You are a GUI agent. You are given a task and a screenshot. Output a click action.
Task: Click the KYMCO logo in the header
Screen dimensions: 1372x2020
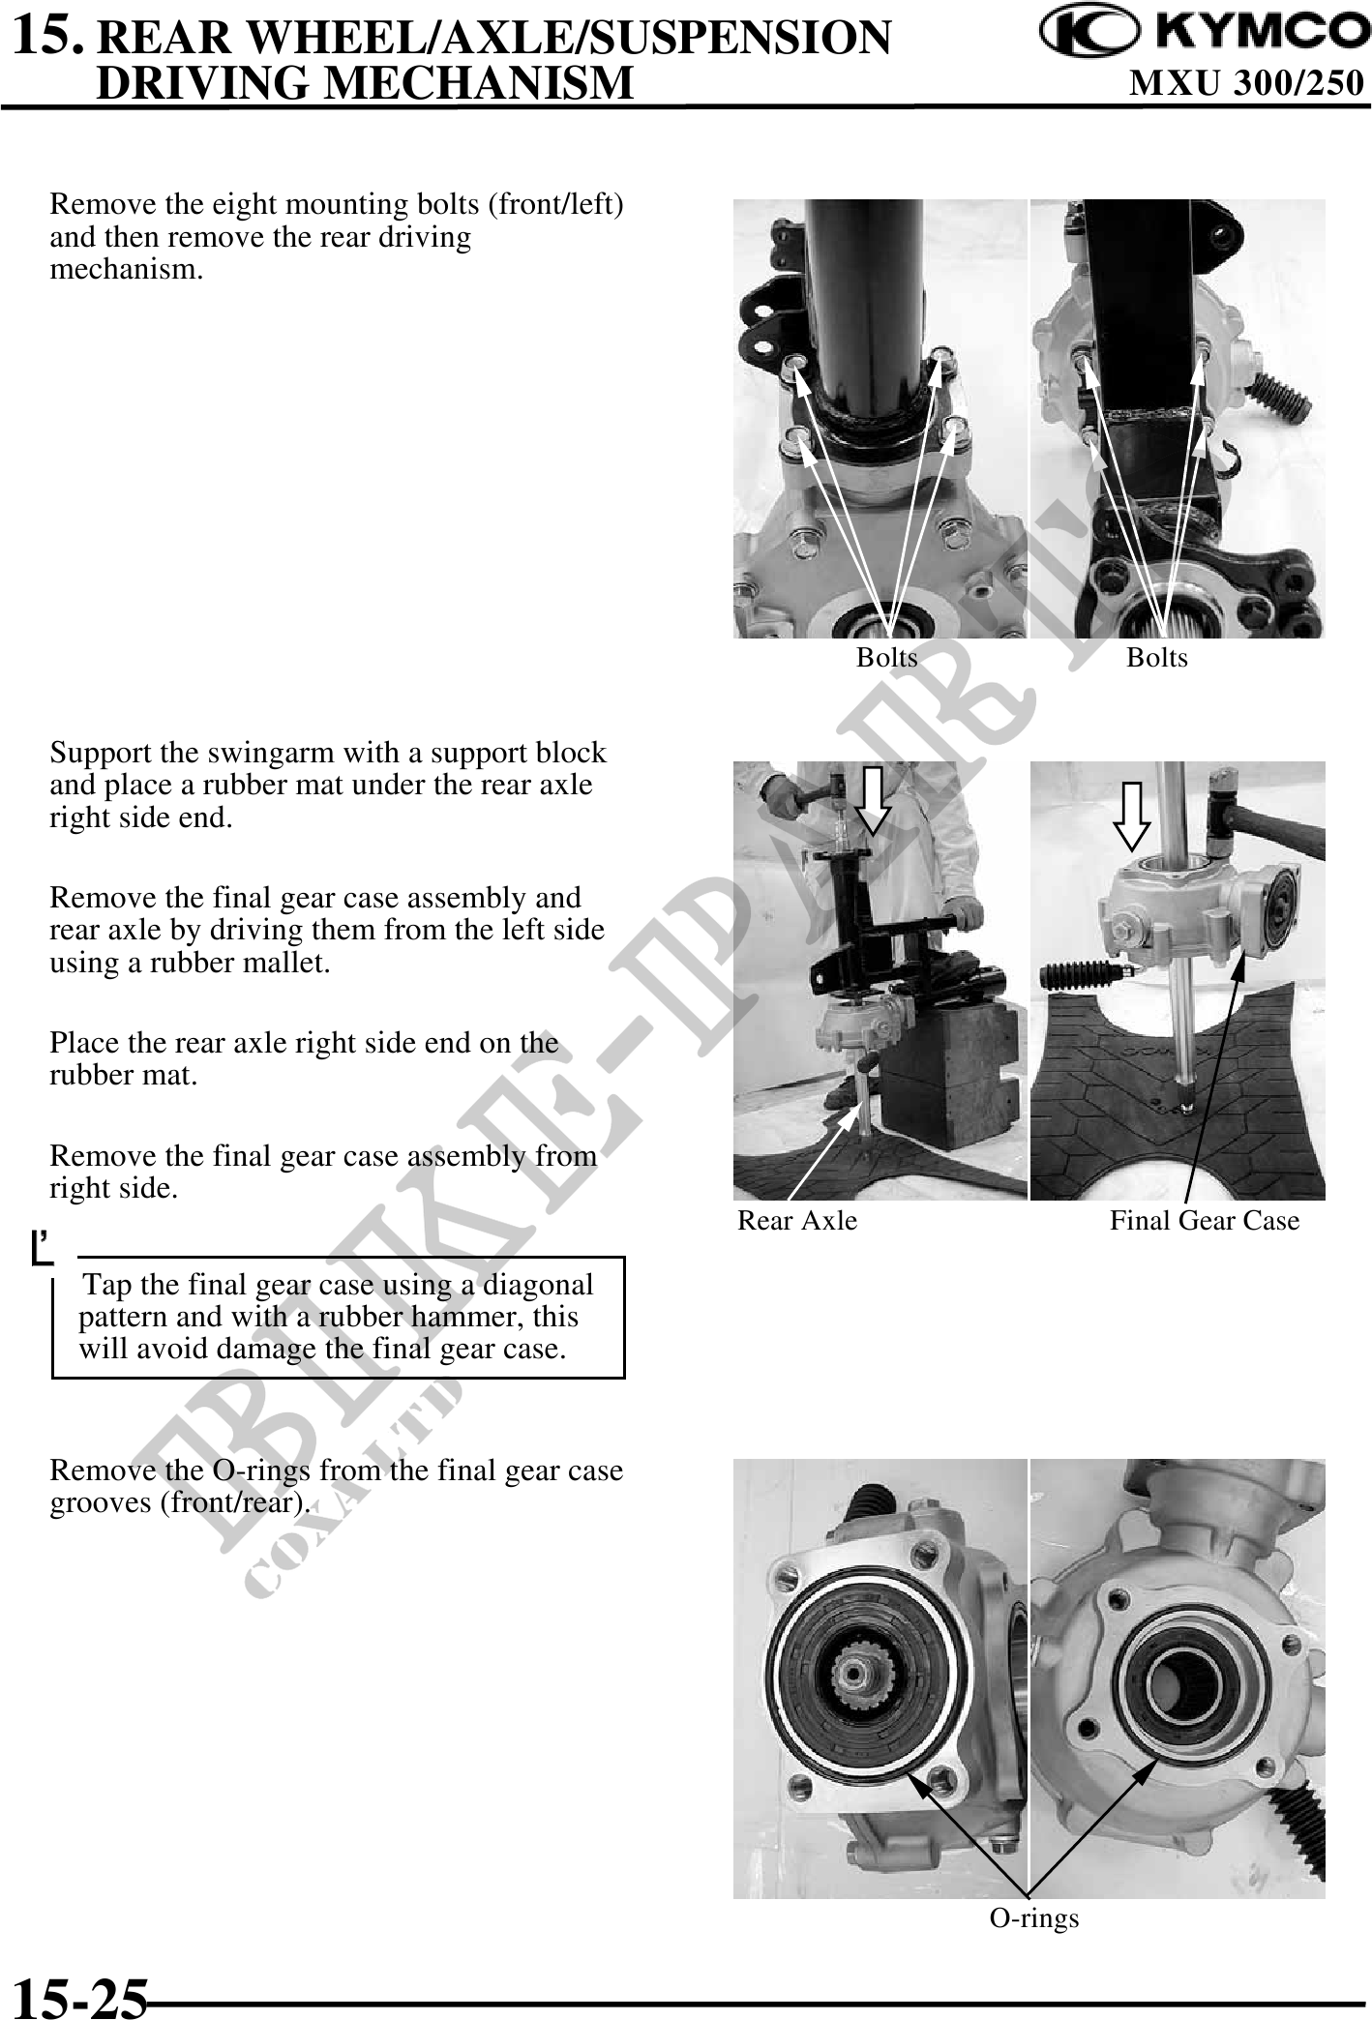1199,33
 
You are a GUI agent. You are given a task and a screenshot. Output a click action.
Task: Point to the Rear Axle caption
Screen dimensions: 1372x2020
797,1221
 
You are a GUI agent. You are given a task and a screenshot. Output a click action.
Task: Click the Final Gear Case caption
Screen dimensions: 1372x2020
1205,1221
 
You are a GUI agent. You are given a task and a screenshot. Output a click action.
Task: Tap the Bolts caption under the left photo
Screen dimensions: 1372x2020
887,658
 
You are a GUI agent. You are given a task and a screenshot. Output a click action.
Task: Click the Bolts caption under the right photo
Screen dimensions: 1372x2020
1157,658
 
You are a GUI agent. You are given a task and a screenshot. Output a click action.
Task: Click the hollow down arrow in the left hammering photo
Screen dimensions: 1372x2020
874,800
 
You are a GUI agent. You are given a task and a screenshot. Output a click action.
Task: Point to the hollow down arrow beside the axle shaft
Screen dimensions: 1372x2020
1132,817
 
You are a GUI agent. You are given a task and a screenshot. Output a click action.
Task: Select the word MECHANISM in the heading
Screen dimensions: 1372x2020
476,82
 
